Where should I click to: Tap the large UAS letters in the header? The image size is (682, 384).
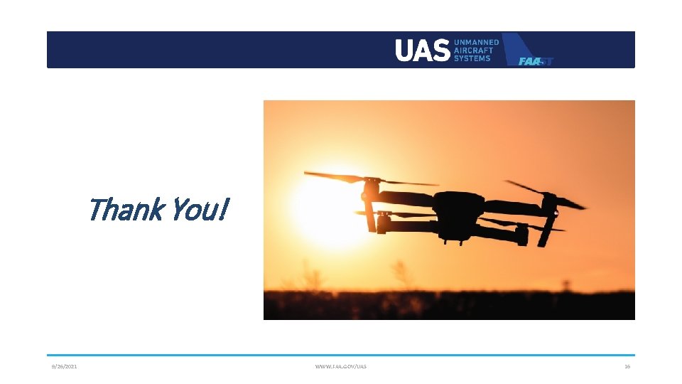click(422, 50)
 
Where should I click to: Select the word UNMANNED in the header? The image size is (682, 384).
click(477, 43)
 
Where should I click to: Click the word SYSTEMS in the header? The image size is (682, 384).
click(472, 58)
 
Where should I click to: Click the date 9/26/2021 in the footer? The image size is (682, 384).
click(64, 366)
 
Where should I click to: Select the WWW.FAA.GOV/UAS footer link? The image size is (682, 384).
click(341, 366)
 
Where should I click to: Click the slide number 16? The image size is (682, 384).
click(627, 366)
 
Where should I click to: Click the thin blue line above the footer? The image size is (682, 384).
click(341, 355)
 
